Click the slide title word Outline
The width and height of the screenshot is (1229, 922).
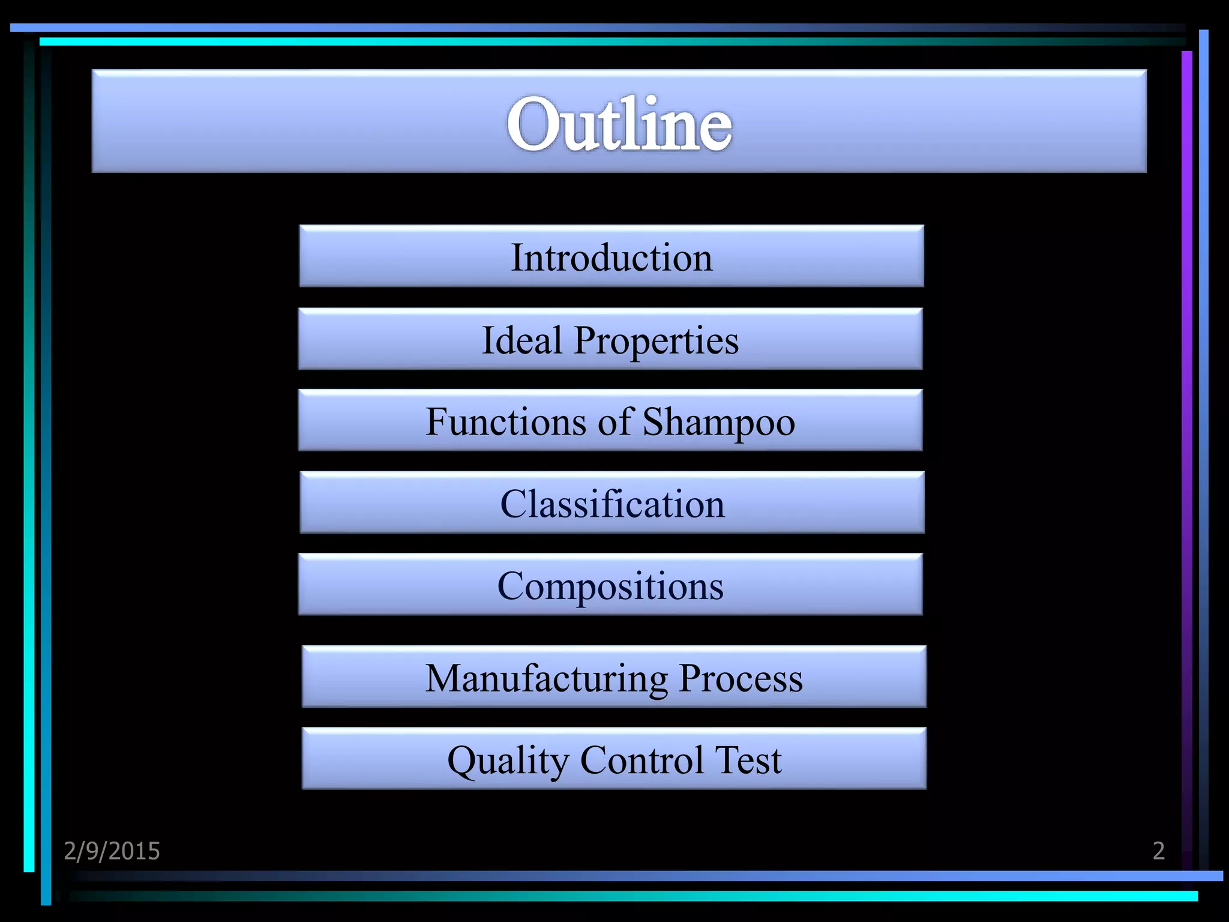click(x=619, y=124)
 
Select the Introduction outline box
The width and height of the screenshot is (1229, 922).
click(x=611, y=256)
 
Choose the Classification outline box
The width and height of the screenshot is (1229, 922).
click(x=611, y=503)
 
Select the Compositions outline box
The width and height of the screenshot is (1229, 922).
click(x=610, y=585)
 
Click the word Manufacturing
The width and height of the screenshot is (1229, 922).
click(x=546, y=678)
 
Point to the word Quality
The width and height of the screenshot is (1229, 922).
click(x=508, y=761)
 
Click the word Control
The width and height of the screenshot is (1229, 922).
click(x=642, y=760)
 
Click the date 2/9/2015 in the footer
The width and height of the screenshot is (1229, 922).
click(x=112, y=851)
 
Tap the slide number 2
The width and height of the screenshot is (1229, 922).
click(x=1158, y=851)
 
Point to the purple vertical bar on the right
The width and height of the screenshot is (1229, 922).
click(x=1186, y=420)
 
